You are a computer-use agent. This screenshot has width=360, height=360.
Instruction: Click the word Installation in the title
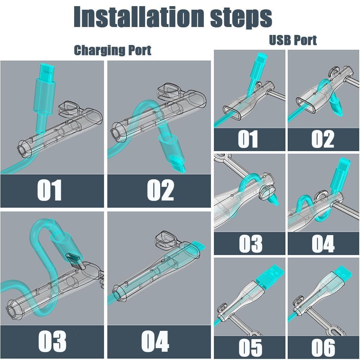(x=139, y=17)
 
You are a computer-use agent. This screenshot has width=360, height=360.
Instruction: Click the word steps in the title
(x=241, y=18)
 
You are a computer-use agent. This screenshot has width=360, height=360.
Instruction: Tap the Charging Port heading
(x=112, y=50)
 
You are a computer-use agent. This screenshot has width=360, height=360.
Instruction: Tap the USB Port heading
(x=293, y=40)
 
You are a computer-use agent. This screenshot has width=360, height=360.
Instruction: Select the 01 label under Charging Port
(x=49, y=190)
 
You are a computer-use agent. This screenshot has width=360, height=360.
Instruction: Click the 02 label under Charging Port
(x=161, y=190)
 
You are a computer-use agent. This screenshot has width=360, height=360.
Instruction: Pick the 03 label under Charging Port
(x=52, y=341)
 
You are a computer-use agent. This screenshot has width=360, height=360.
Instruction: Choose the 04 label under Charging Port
(x=155, y=341)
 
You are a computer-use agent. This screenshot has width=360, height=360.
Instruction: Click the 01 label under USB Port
(x=248, y=139)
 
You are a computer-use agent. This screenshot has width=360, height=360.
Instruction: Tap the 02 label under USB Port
(x=323, y=139)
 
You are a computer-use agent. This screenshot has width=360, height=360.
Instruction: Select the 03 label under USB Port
(x=251, y=244)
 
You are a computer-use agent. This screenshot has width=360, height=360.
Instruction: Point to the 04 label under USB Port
(x=323, y=244)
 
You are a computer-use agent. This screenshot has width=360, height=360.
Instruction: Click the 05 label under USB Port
(x=250, y=347)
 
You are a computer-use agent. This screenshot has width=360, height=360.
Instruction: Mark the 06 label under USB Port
(x=323, y=347)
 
